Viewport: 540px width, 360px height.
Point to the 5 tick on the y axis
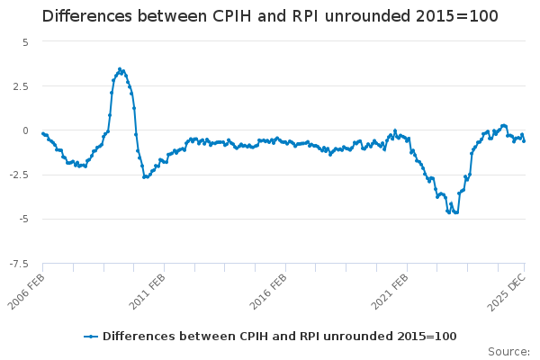25,42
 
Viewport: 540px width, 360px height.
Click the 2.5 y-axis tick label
21,86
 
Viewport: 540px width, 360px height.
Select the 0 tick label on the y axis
25,130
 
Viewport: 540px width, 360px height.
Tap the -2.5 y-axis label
19,175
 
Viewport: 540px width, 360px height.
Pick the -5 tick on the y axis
23,219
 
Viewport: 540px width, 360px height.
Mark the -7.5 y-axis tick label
19,263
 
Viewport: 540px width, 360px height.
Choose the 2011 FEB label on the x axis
147,289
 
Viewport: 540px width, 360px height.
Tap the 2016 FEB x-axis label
268,289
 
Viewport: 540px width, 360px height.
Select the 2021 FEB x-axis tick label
390,289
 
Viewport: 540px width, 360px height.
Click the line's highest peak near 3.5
120,68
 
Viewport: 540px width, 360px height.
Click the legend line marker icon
91,336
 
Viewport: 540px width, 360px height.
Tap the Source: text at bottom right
508,351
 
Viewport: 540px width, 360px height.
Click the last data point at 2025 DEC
525,140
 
